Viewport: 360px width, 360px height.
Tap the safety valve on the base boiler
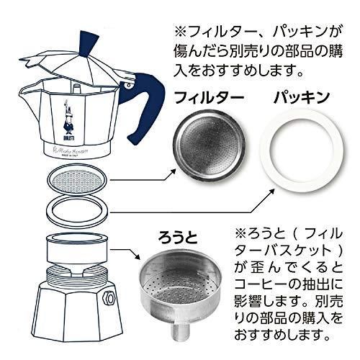click(x=109, y=297)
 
